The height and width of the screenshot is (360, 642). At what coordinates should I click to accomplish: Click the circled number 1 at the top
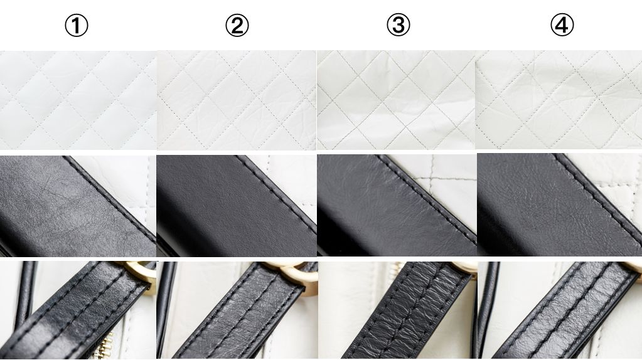77,25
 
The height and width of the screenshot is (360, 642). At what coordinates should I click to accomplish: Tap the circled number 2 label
237,25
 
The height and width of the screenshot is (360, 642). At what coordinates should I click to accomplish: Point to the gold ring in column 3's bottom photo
467,266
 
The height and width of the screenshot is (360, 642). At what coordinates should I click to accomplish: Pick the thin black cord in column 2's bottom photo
166,303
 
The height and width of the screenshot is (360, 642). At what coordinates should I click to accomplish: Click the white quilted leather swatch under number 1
78,100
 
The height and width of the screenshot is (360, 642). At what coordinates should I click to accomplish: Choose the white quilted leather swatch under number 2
236,100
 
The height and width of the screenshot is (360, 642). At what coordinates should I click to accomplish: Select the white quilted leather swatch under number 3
397,100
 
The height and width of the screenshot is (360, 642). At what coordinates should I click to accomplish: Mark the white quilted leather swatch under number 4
559,100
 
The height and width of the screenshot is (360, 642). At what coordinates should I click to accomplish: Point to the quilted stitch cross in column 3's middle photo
430,179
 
